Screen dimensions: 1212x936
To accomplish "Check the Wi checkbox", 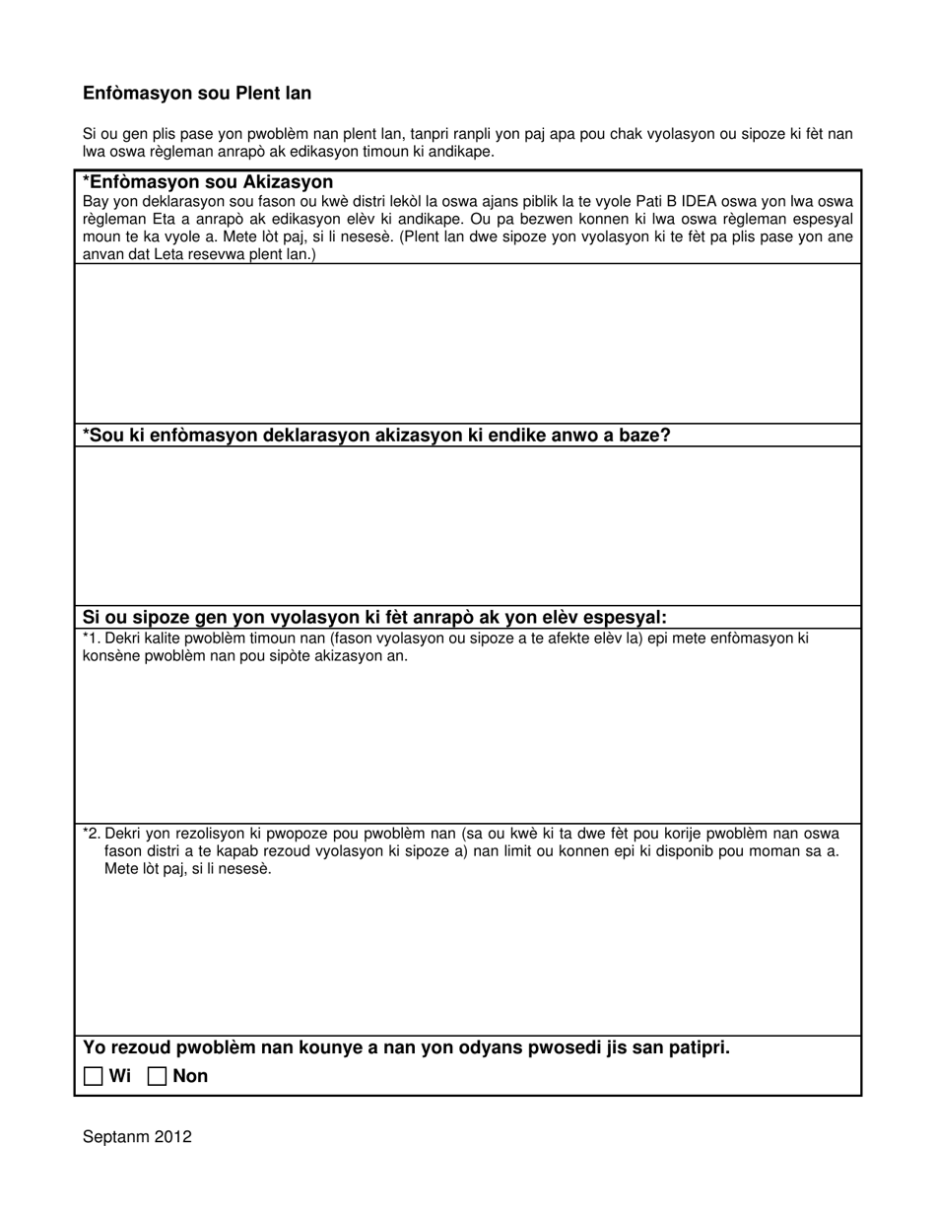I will (x=93, y=1076).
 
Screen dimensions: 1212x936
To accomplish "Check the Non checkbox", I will (x=156, y=1076).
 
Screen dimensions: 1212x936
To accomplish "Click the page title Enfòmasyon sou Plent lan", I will (x=197, y=94).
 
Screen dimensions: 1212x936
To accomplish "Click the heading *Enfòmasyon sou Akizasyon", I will (x=208, y=182).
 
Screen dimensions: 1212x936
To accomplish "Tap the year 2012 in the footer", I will (x=172, y=1137).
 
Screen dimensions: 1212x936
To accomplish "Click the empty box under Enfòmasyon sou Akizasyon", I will (x=467, y=343).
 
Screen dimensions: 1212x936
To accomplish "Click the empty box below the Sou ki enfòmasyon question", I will (x=467, y=525).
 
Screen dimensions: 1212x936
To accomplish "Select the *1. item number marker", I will (x=92, y=639).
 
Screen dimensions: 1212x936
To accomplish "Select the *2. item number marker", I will (x=92, y=834).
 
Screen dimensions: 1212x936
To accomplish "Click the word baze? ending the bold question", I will (x=643, y=436).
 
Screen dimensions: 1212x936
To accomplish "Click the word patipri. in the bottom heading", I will (x=697, y=1047).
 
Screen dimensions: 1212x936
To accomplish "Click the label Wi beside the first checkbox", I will (x=119, y=1076).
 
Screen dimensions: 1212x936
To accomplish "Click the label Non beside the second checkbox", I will (x=190, y=1076).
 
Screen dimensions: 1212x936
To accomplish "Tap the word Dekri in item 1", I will (x=123, y=639).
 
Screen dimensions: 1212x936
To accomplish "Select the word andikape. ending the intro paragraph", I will (x=460, y=152).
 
